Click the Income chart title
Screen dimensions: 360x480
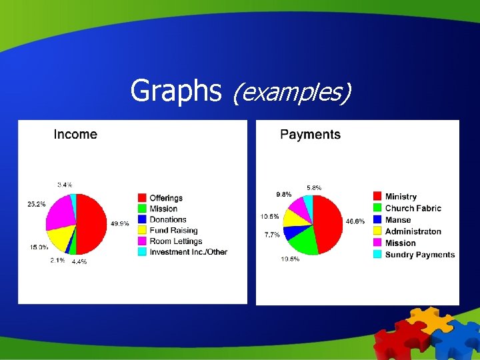click(x=75, y=135)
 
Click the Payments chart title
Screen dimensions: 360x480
click(x=310, y=135)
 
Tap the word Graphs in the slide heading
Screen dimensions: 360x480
click(x=176, y=91)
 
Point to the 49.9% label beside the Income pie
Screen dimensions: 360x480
click(x=120, y=224)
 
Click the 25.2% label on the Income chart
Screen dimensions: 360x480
click(x=36, y=204)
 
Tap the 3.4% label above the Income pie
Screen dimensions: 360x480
click(x=65, y=185)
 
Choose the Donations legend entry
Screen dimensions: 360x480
click(x=167, y=219)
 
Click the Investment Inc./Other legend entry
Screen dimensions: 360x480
click(x=188, y=252)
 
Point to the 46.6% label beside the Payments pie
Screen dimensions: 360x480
click(x=354, y=221)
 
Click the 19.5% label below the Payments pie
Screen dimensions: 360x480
click(x=290, y=259)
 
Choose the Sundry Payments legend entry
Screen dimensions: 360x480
click(x=419, y=254)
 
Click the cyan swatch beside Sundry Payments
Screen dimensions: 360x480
click(x=377, y=254)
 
